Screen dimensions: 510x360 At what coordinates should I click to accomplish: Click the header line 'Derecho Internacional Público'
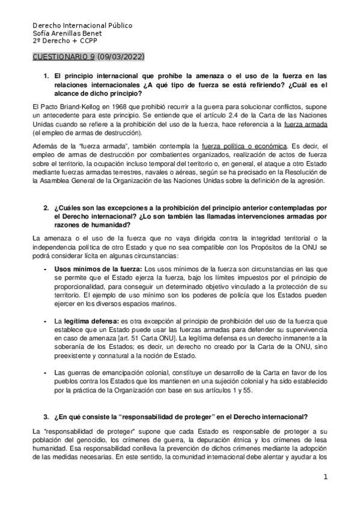tap(82, 26)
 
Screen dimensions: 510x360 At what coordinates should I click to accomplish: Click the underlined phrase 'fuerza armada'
tap(306, 124)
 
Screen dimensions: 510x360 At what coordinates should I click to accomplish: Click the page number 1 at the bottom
tap(325, 478)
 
